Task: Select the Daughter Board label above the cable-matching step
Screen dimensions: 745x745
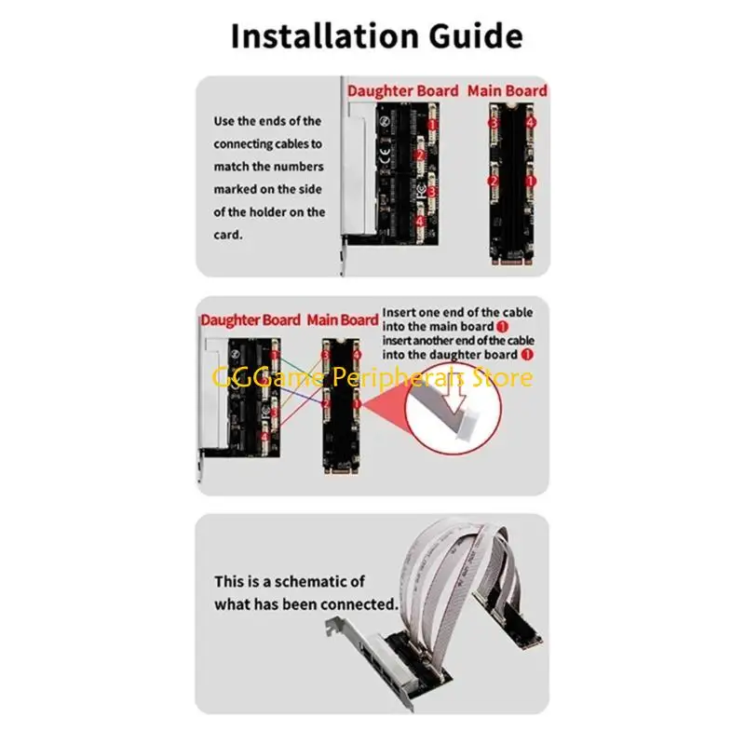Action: click(403, 90)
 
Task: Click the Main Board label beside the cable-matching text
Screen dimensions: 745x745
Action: click(507, 90)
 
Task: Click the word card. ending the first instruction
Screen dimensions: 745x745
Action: click(228, 235)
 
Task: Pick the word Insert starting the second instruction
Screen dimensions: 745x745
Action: click(400, 311)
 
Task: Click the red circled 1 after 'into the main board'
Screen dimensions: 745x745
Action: click(503, 327)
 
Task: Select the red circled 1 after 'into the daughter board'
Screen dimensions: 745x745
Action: click(528, 355)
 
